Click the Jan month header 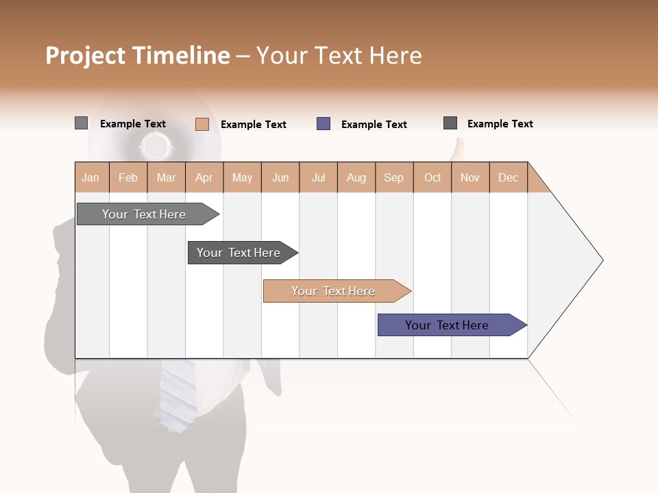point(91,177)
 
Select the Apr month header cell point(204,177)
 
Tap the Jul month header point(318,177)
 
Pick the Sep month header point(394,177)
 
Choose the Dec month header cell point(508,177)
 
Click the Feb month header point(128,177)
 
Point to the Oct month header point(432,177)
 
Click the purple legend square point(324,124)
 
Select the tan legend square point(202,124)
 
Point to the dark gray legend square point(450,123)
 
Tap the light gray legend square point(81,123)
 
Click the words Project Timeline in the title point(137,55)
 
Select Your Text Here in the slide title point(339,55)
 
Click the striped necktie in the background point(178,394)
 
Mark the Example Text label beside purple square point(374,125)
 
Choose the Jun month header point(280,177)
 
